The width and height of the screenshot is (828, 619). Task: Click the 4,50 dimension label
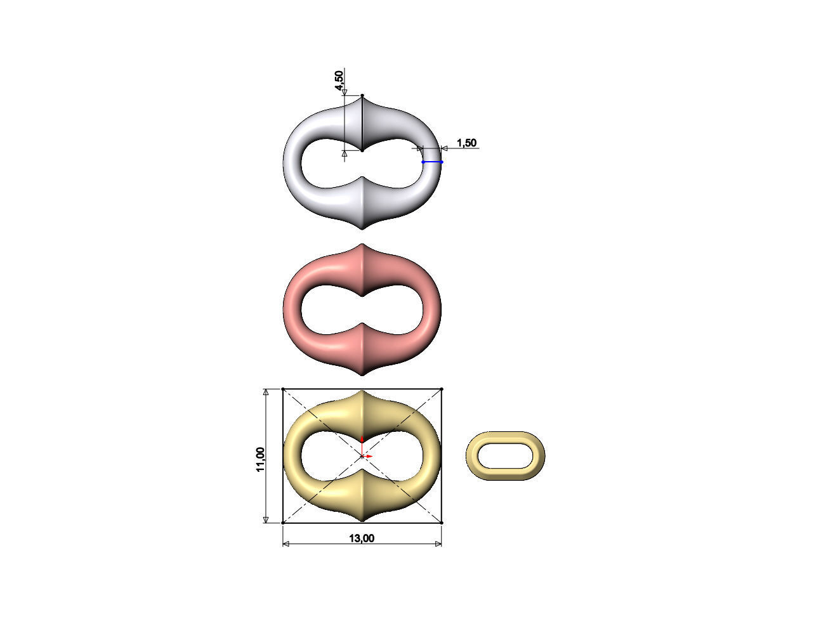coord(340,81)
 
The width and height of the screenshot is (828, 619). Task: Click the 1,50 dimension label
coord(466,143)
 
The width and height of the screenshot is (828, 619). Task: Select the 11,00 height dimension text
coord(260,459)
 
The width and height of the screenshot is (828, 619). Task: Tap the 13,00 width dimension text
coord(362,538)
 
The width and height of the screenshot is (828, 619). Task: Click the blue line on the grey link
coord(432,162)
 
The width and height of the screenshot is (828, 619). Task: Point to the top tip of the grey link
coord(362,96)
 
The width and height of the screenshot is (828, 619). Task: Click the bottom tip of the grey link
coord(362,229)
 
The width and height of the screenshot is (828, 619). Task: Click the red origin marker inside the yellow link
coord(362,455)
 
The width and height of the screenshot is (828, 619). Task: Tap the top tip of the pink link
coord(362,245)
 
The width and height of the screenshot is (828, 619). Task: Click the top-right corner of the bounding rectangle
coord(441,389)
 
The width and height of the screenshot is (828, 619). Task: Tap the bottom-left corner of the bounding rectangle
coord(283,523)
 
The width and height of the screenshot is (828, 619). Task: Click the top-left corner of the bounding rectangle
coord(283,389)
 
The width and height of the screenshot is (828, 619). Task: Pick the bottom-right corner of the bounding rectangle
coord(441,523)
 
